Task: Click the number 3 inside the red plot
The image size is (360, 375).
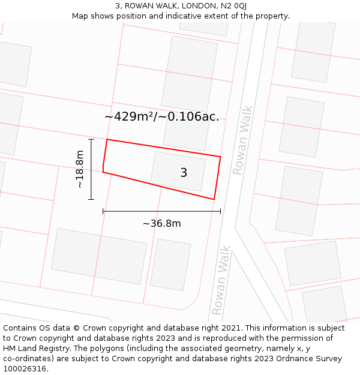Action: (x=184, y=173)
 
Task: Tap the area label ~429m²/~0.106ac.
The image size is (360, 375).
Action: (x=161, y=117)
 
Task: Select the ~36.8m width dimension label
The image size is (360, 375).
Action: (x=161, y=224)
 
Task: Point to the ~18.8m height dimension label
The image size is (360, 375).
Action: (x=80, y=170)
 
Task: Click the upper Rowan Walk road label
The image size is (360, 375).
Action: (x=243, y=140)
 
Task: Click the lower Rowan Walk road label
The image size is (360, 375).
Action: (x=221, y=280)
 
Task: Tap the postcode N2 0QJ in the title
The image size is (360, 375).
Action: (x=233, y=6)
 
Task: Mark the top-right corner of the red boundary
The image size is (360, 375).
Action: (x=221, y=157)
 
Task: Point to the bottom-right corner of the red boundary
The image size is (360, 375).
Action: (x=214, y=199)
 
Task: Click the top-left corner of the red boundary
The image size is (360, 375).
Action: (x=107, y=140)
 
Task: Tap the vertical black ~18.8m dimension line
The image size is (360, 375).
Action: (x=91, y=169)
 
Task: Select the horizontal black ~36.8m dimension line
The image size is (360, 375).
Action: (x=161, y=211)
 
